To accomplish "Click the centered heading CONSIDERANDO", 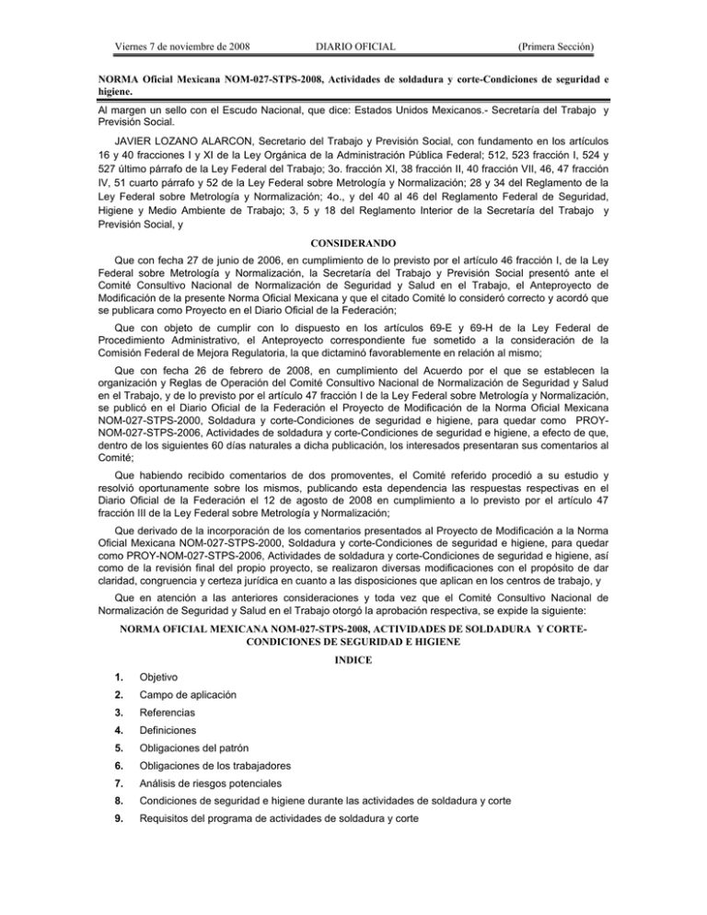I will pos(353,218).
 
